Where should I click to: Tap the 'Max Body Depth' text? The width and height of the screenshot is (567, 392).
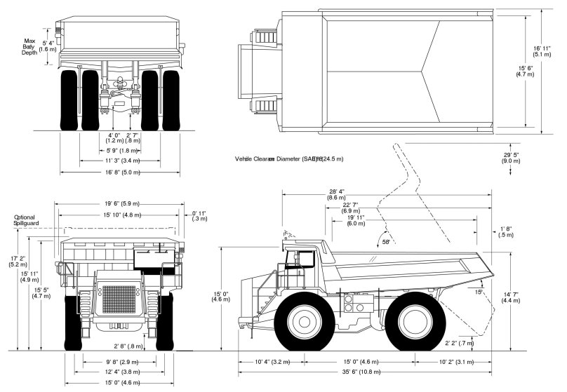click(29, 46)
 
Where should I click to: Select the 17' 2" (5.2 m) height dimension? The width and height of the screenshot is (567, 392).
click(17, 261)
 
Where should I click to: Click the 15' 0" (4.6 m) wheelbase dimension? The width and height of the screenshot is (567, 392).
click(357, 362)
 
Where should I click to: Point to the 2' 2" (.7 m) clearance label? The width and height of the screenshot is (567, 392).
click(460, 344)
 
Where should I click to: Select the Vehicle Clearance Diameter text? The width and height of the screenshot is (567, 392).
click(289, 159)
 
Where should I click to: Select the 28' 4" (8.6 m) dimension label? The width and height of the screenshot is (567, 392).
click(336, 195)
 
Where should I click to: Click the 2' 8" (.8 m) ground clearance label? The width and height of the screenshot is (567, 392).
click(128, 346)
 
